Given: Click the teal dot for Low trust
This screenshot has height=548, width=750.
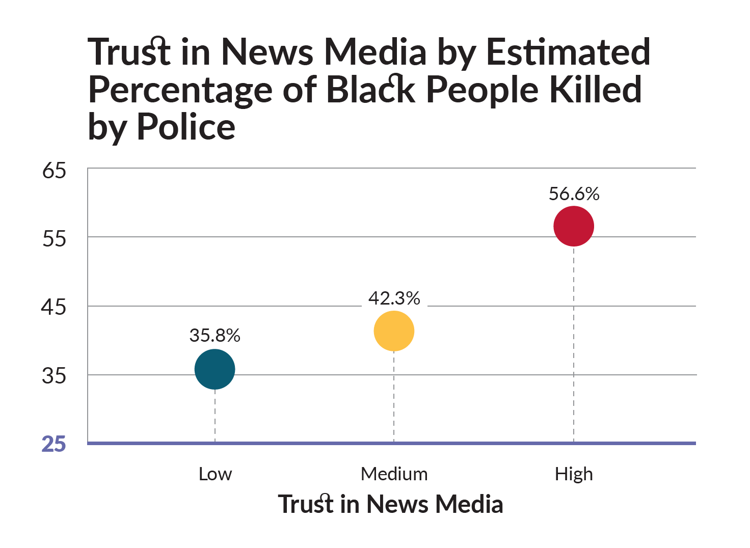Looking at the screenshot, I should [215, 369].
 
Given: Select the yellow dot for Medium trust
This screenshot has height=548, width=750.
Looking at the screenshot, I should [394, 331].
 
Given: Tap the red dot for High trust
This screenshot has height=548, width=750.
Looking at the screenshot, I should [574, 226].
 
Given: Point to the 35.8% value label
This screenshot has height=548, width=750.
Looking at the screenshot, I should [215, 335].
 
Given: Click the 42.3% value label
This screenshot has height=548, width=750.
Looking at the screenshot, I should [394, 298].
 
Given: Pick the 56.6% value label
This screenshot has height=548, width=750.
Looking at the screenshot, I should [574, 194].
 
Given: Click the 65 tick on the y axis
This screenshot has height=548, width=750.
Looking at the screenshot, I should [54, 171].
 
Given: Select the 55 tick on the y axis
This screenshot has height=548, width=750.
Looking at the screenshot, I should [54, 238].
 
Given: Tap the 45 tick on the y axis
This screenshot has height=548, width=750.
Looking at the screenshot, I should [54, 307].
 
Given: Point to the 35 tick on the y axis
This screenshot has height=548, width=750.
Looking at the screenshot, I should [54, 376].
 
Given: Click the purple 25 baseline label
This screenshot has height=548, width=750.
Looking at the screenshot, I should [54, 444].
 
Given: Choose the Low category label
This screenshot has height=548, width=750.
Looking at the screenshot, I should [215, 474].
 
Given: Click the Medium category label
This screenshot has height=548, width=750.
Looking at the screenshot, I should [394, 474].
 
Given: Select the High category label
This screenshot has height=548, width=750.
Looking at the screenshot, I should [574, 474].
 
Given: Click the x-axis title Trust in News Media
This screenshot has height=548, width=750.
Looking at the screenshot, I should [390, 504].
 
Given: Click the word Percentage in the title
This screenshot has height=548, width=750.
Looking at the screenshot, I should [180, 91].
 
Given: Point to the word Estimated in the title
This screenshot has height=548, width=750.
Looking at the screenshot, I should [568, 52].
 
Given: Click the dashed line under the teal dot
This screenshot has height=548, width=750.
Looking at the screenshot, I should [215, 415].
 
